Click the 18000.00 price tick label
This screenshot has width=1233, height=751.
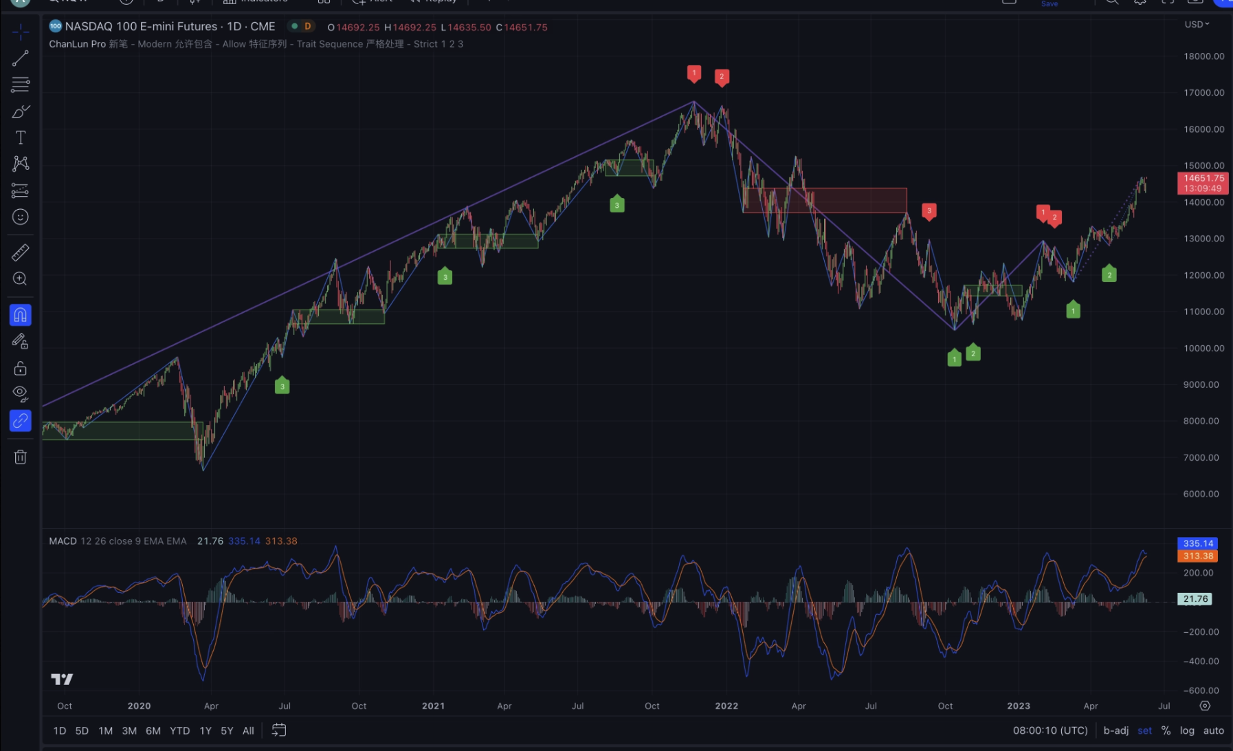[x=1203, y=56]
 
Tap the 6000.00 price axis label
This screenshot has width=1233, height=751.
[x=1203, y=494]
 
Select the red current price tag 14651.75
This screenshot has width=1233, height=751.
[x=1203, y=179]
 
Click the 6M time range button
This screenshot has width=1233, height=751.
[x=153, y=730]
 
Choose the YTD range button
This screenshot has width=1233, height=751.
[x=179, y=730]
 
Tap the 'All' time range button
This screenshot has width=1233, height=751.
[x=248, y=730]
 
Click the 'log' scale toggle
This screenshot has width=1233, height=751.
[x=1187, y=730]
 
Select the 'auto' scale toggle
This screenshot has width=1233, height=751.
[x=1214, y=730]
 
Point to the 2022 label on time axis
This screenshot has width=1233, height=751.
[x=726, y=706]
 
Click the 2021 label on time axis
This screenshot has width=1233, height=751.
[x=433, y=706]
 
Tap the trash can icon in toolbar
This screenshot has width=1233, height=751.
[x=21, y=457]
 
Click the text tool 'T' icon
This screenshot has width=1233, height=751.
[x=21, y=138]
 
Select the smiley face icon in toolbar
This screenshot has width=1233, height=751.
[x=21, y=217]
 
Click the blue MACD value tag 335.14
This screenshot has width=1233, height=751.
[x=1198, y=543]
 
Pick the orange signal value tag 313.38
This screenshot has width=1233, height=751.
[x=1198, y=556]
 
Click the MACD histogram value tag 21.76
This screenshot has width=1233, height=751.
[x=1195, y=599]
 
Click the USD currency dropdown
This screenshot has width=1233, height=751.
[x=1197, y=24]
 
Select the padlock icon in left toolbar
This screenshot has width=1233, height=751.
[x=21, y=369]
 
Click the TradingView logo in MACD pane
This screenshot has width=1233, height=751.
[x=62, y=679]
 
